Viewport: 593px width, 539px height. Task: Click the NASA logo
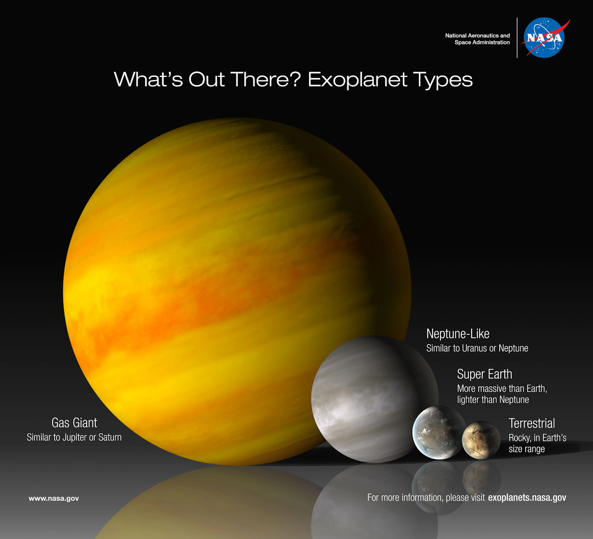(x=544, y=37)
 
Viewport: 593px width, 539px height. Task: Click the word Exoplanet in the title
(x=357, y=79)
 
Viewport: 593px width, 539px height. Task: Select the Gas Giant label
(x=74, y=423)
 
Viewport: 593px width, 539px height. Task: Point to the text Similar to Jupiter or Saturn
(x=74, y=437)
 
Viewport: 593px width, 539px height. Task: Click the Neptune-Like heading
(x=458, y=334)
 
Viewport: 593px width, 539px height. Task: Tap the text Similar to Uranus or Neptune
(x=477, y=348)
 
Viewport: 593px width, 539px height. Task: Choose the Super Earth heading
(x=484, y=374)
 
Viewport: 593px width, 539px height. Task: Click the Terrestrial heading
(x=532, y=423)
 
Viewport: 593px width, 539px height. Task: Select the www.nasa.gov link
(x=54, y=498)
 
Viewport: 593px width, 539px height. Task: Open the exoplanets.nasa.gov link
(x=527, y=498)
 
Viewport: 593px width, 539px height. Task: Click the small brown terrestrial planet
(x=481, y=440)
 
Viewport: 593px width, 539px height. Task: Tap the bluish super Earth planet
(x=438, y=432)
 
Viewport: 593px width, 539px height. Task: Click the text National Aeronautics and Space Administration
(x=478, y=39)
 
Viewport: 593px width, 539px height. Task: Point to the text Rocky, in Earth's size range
(x=537, y=443)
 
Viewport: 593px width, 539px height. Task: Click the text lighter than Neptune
(x=493, y=400)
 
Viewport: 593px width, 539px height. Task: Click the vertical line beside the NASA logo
(x=517, y=37)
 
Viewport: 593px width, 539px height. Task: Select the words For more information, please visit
(x=426, y=498)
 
